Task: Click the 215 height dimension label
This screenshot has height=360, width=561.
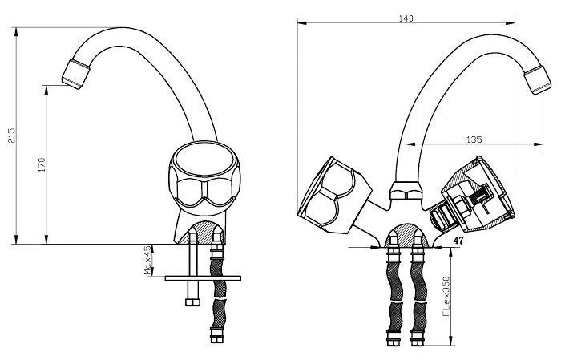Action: (x=12, y=136)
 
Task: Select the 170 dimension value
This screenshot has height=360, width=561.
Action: (x=42, y=164)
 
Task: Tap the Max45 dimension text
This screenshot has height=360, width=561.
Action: (x=147, y=260)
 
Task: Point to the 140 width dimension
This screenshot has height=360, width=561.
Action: (x=406, y=18)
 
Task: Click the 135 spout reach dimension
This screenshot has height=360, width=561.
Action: (x=474, y=140)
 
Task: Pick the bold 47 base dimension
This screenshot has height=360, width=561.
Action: (x=458, y=241)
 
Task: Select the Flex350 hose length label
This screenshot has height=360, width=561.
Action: (x=446, y=297)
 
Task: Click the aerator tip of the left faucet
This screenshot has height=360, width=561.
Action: (x=75, y=74)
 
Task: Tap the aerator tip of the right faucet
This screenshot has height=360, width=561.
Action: (x=538, y=80)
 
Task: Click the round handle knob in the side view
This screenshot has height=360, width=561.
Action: (x=204, y=178)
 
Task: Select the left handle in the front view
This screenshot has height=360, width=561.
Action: (x=334, y=195)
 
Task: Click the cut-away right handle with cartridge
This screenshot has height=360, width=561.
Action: (x=472, y=194)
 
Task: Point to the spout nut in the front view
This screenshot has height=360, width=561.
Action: (x=406, y=190)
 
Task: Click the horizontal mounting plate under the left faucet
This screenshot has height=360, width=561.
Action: (x=203, y=278)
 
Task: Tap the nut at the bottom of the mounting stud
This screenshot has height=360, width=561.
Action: (x=192, y=302)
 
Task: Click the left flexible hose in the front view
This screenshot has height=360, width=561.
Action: (x=394, y=297)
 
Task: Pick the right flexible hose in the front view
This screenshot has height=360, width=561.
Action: (x=418, y=297)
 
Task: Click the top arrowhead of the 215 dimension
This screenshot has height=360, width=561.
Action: (x=16, y=31)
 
